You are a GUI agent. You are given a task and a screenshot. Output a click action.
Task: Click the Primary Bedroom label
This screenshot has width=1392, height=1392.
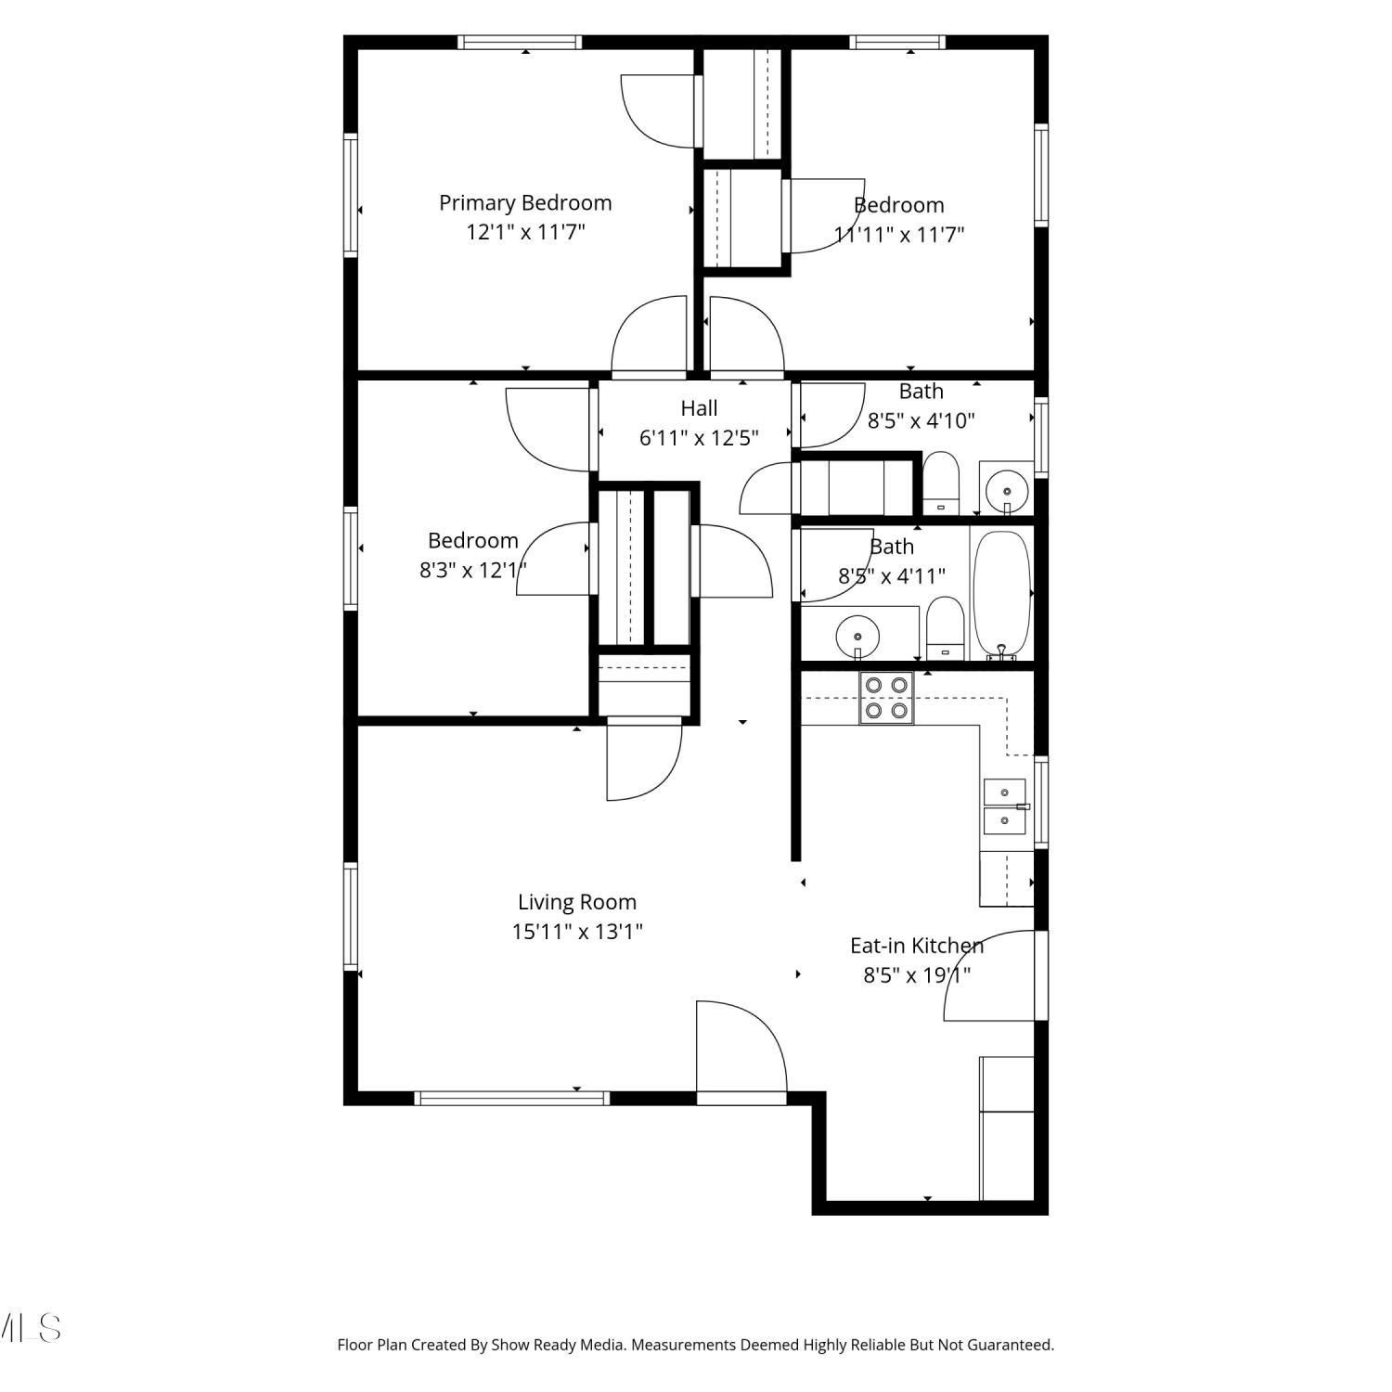525,202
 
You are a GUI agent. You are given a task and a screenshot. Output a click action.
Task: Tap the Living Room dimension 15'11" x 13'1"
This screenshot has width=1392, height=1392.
577,931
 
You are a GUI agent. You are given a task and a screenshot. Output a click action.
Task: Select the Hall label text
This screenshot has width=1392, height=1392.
699,408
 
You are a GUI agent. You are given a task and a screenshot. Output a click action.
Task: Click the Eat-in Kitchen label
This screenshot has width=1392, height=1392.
917,946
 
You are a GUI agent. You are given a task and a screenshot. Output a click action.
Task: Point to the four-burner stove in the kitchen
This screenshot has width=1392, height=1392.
886,698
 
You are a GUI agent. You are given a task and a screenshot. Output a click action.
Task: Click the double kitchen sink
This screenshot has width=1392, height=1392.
1005,806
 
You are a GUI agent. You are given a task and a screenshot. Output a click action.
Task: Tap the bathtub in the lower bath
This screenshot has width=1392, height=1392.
1001,594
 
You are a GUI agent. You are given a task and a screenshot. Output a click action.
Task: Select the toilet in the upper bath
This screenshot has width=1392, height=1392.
941,483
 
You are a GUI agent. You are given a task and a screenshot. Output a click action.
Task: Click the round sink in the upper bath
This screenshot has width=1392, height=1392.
1007,487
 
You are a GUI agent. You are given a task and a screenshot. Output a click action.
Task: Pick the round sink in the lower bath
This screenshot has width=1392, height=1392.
858,636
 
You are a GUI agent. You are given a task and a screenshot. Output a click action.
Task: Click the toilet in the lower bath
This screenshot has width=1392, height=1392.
946,628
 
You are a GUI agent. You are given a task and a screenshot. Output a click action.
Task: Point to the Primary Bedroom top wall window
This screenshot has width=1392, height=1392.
520,42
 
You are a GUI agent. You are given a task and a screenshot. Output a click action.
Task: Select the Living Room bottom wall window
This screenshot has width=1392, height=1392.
511,1098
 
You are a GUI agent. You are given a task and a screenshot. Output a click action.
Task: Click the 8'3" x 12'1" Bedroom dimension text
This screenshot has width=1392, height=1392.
473,570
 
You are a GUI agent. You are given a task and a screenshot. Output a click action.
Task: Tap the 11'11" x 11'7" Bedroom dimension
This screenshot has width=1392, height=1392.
899,234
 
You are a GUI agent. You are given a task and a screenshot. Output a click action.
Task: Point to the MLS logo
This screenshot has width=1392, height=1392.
30,1328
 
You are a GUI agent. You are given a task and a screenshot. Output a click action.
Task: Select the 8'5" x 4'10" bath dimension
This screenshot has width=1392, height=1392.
921,420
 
